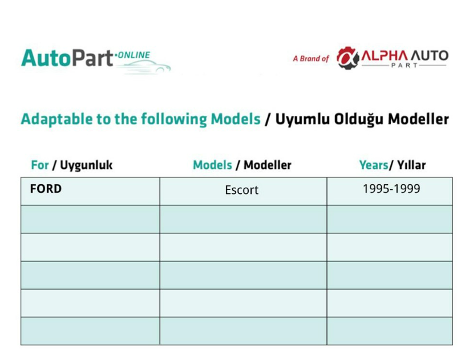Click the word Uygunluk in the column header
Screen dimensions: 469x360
[x=86, y=165]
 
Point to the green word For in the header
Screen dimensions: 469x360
[x=40, y=165]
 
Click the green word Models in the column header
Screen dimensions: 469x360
[x=212, y=165]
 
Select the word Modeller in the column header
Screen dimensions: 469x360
[x=268, y=165]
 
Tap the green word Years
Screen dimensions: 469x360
[x=374, y=165]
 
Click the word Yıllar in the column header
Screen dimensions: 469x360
[x=411, y=165]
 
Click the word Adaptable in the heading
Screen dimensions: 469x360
[x=57, y=119]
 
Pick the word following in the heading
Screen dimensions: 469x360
[x=174, y=119]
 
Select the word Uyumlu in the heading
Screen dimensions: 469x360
[x=302, y=119]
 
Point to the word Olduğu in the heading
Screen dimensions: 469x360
[x=359, y=119]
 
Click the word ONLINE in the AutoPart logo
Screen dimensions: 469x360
[x=134, y=55]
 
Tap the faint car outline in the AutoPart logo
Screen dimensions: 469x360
[x=144, y=67]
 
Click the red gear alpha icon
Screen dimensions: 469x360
[x=347, y=58]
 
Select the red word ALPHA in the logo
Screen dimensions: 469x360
[x=385, y=55]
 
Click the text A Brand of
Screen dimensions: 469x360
[x=311, y=59]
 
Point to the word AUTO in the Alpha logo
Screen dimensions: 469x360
[x=430, y=55]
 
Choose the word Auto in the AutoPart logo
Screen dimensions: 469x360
[x=46, y=58]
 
